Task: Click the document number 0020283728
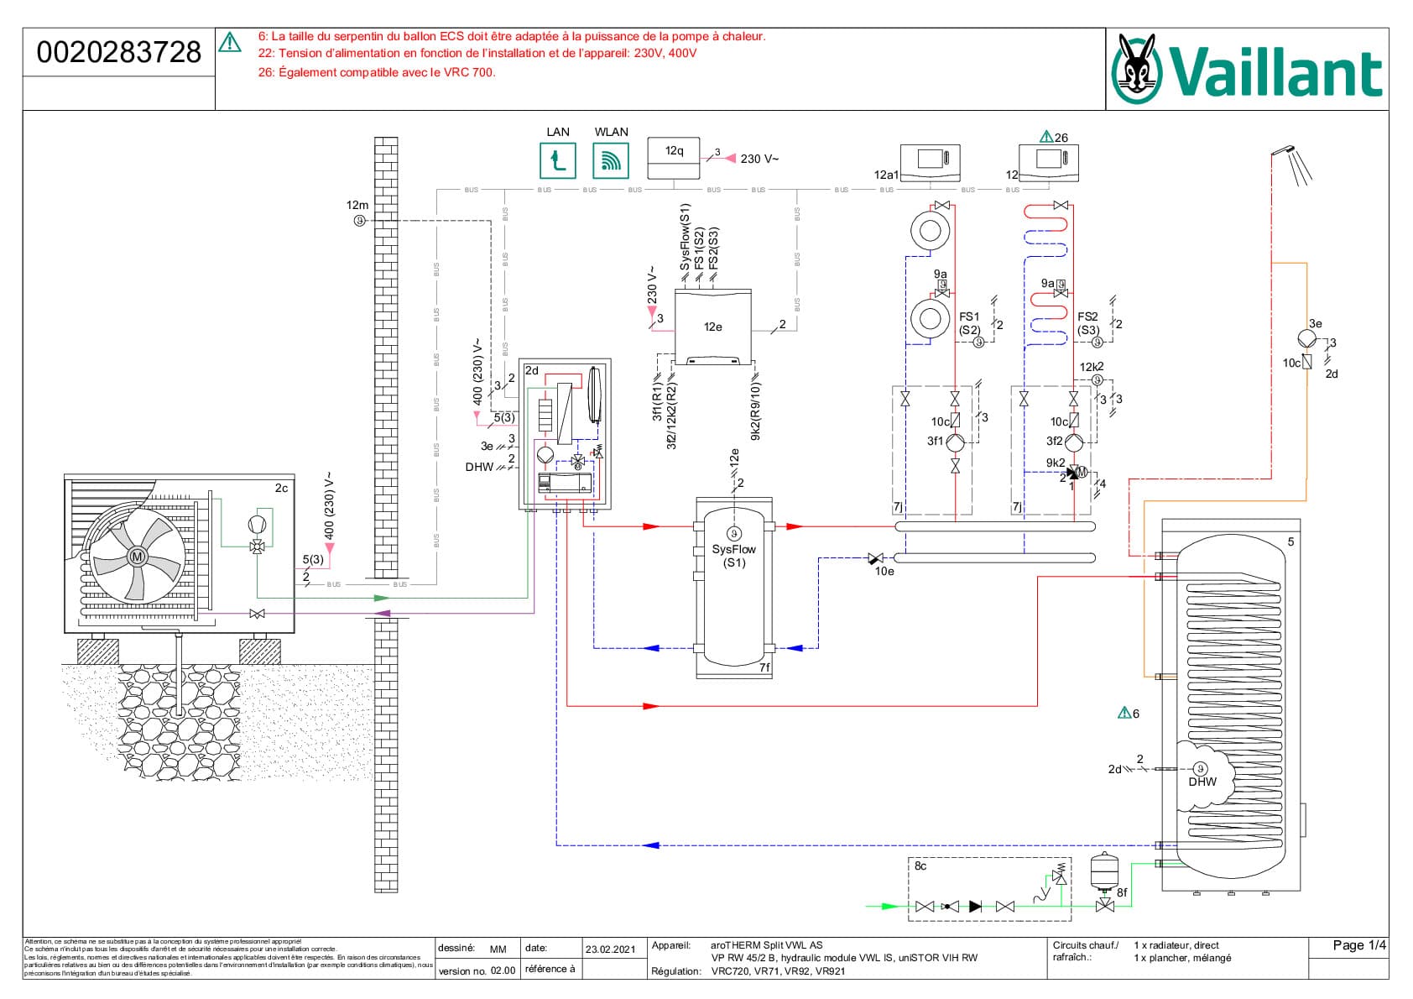click(119, 52)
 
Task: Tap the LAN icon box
click(557, 160)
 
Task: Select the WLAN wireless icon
click(610, 160)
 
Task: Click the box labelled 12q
click(674, 158)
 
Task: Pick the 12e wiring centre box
click(712, 327)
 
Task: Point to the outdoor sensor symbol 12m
click(359, 221)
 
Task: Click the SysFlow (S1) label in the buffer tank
click(734, 556)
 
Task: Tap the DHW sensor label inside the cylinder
click(1202, 782)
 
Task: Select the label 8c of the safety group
click(920, 866)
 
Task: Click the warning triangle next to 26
click(1045, 137)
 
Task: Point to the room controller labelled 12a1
click(930, 159)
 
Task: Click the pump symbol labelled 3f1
click(955, 442)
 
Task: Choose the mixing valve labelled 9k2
click(1075, 473)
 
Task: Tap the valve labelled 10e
click(876, 558)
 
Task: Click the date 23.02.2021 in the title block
click(611, 949)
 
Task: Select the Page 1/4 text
click(1358, 945)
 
